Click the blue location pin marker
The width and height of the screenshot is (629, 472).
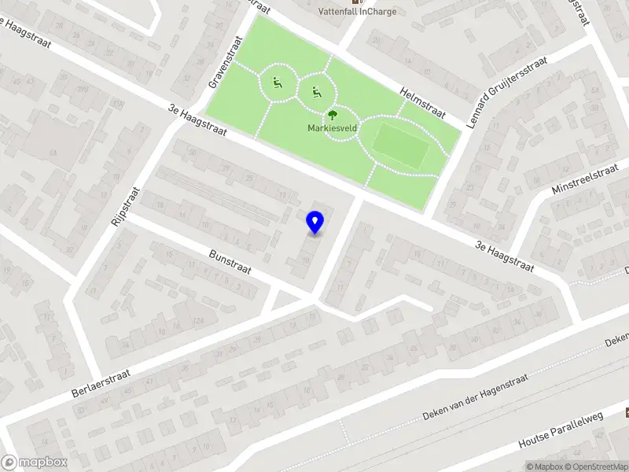315,223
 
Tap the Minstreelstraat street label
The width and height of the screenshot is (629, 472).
581,181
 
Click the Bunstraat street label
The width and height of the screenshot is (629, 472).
230,262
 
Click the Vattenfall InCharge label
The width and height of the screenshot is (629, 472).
357,11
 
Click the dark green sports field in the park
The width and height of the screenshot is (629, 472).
401,143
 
